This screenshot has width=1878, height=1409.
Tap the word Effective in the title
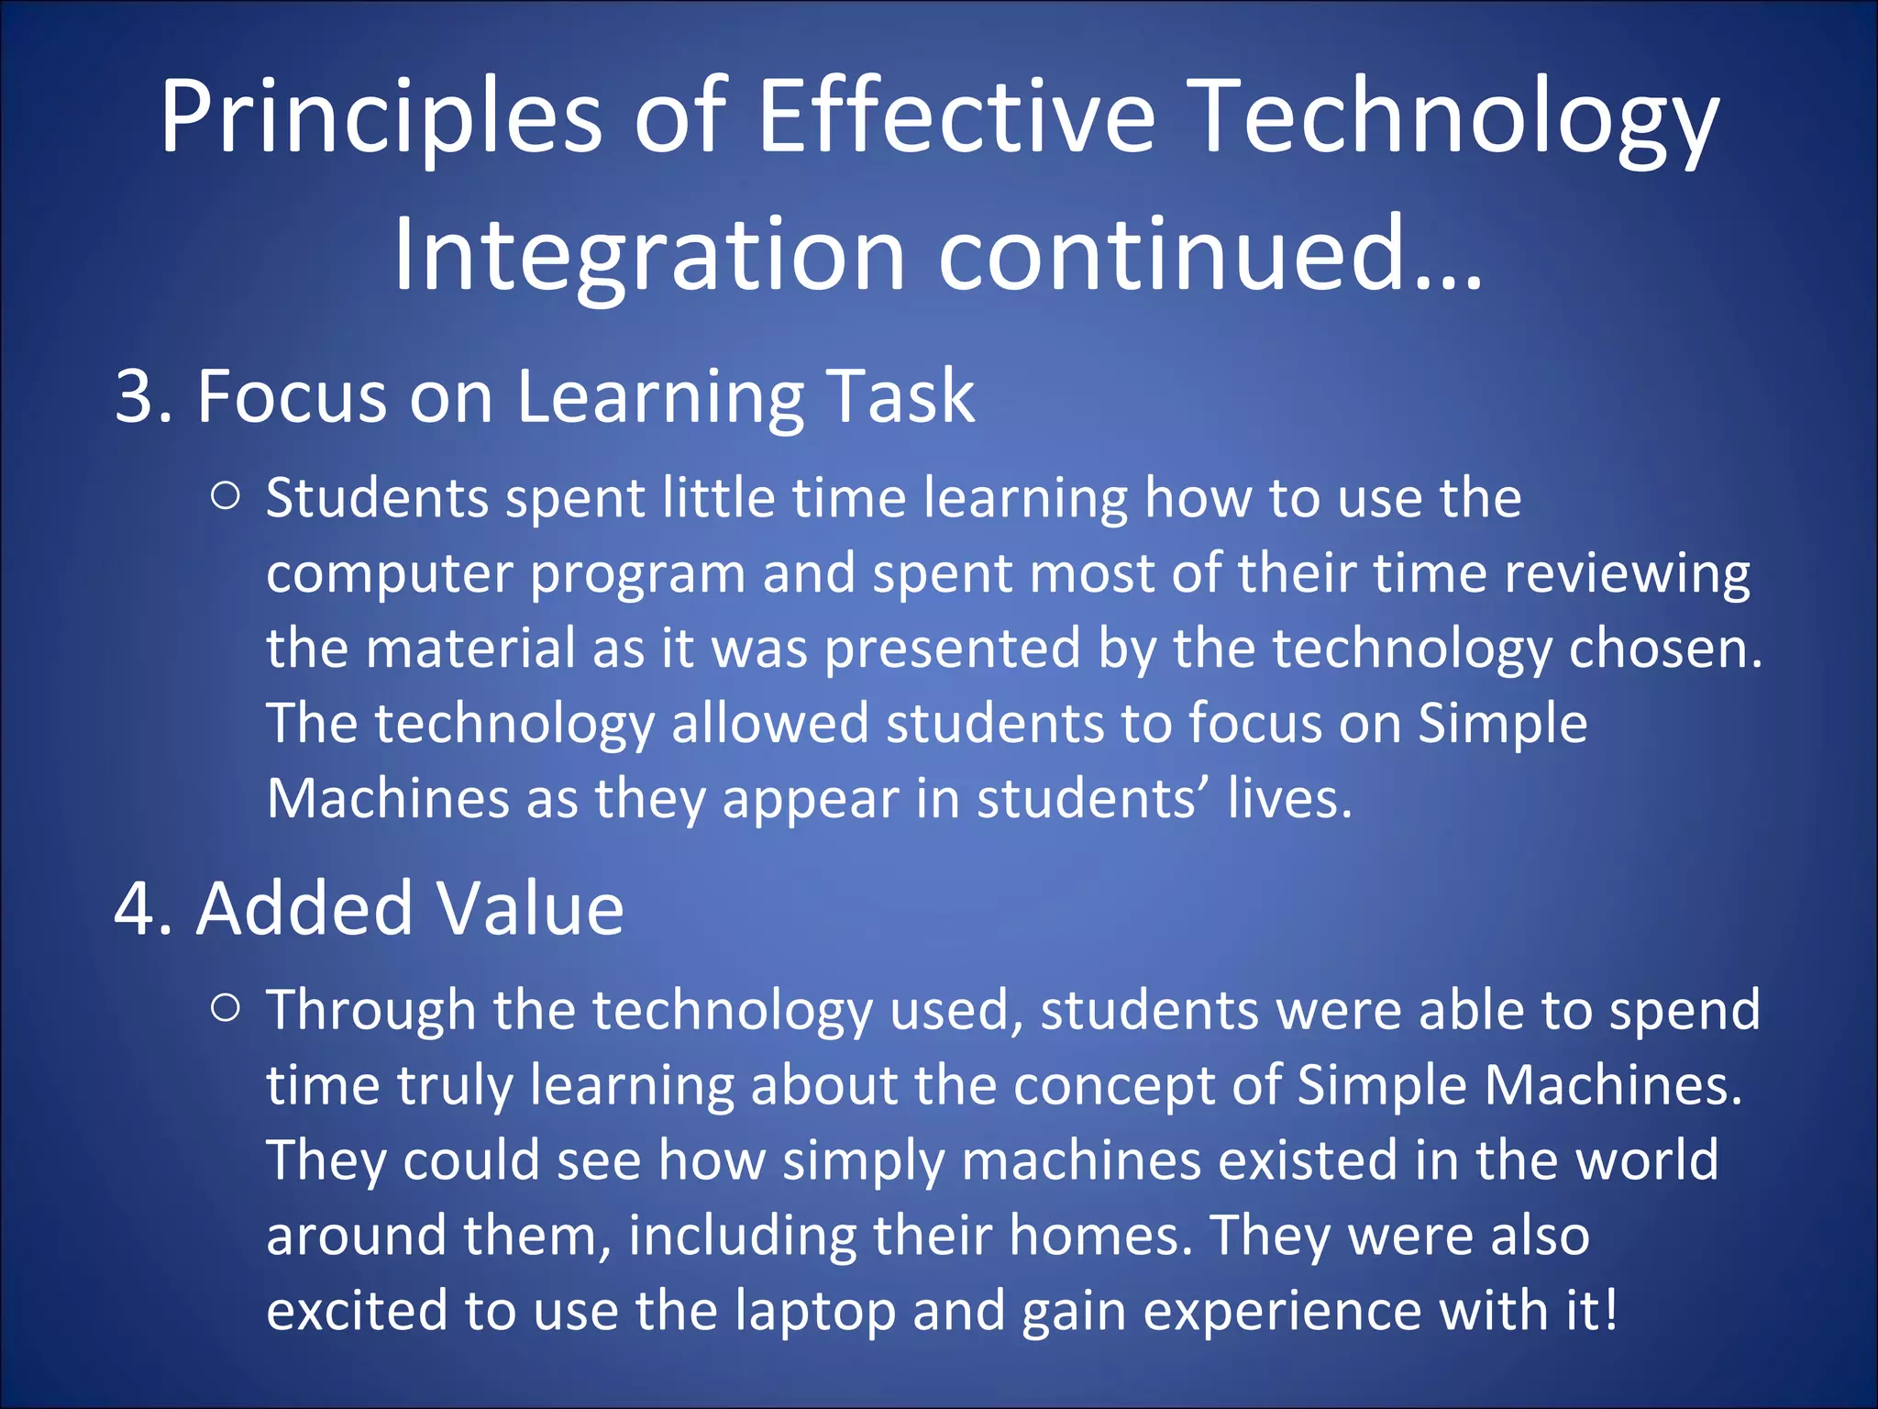point(956,117)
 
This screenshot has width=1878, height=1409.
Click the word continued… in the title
point(1210,255)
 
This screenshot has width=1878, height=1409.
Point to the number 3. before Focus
point(144,396)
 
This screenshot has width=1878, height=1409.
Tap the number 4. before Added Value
point(144,908)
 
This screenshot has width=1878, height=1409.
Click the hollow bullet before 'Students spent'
point(225,496)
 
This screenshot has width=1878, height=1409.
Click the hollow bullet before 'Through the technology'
point(225,1008)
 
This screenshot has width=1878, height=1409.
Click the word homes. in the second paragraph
point(1100,1236)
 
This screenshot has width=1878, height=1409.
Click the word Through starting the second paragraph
point(370,1011)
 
